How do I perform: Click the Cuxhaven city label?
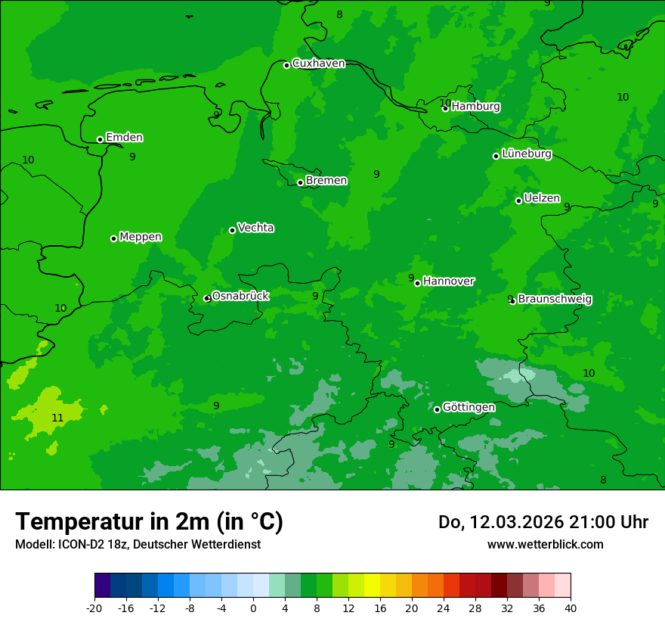point(318,64)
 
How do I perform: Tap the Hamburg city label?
point(475,107)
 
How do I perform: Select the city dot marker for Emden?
point(100,139)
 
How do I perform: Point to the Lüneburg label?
point(526,154)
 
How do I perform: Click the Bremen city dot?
point(300,182)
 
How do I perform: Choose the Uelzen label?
point(542,198)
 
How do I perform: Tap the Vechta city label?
point(255,228)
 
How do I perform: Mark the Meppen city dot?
point(113,238)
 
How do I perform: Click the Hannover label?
point(448,281)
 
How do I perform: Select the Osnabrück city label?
point(240,296)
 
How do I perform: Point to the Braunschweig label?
point(555,300)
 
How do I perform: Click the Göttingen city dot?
point(437,409)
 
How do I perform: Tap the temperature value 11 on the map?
point(57,418)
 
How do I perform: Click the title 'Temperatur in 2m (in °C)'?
point(149,522)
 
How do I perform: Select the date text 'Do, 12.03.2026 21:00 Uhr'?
point(543,522)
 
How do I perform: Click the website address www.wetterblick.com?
point(545,545)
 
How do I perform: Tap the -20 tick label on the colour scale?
point(94,608)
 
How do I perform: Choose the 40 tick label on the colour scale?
point(571,608)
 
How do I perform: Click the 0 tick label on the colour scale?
point(253,608)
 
